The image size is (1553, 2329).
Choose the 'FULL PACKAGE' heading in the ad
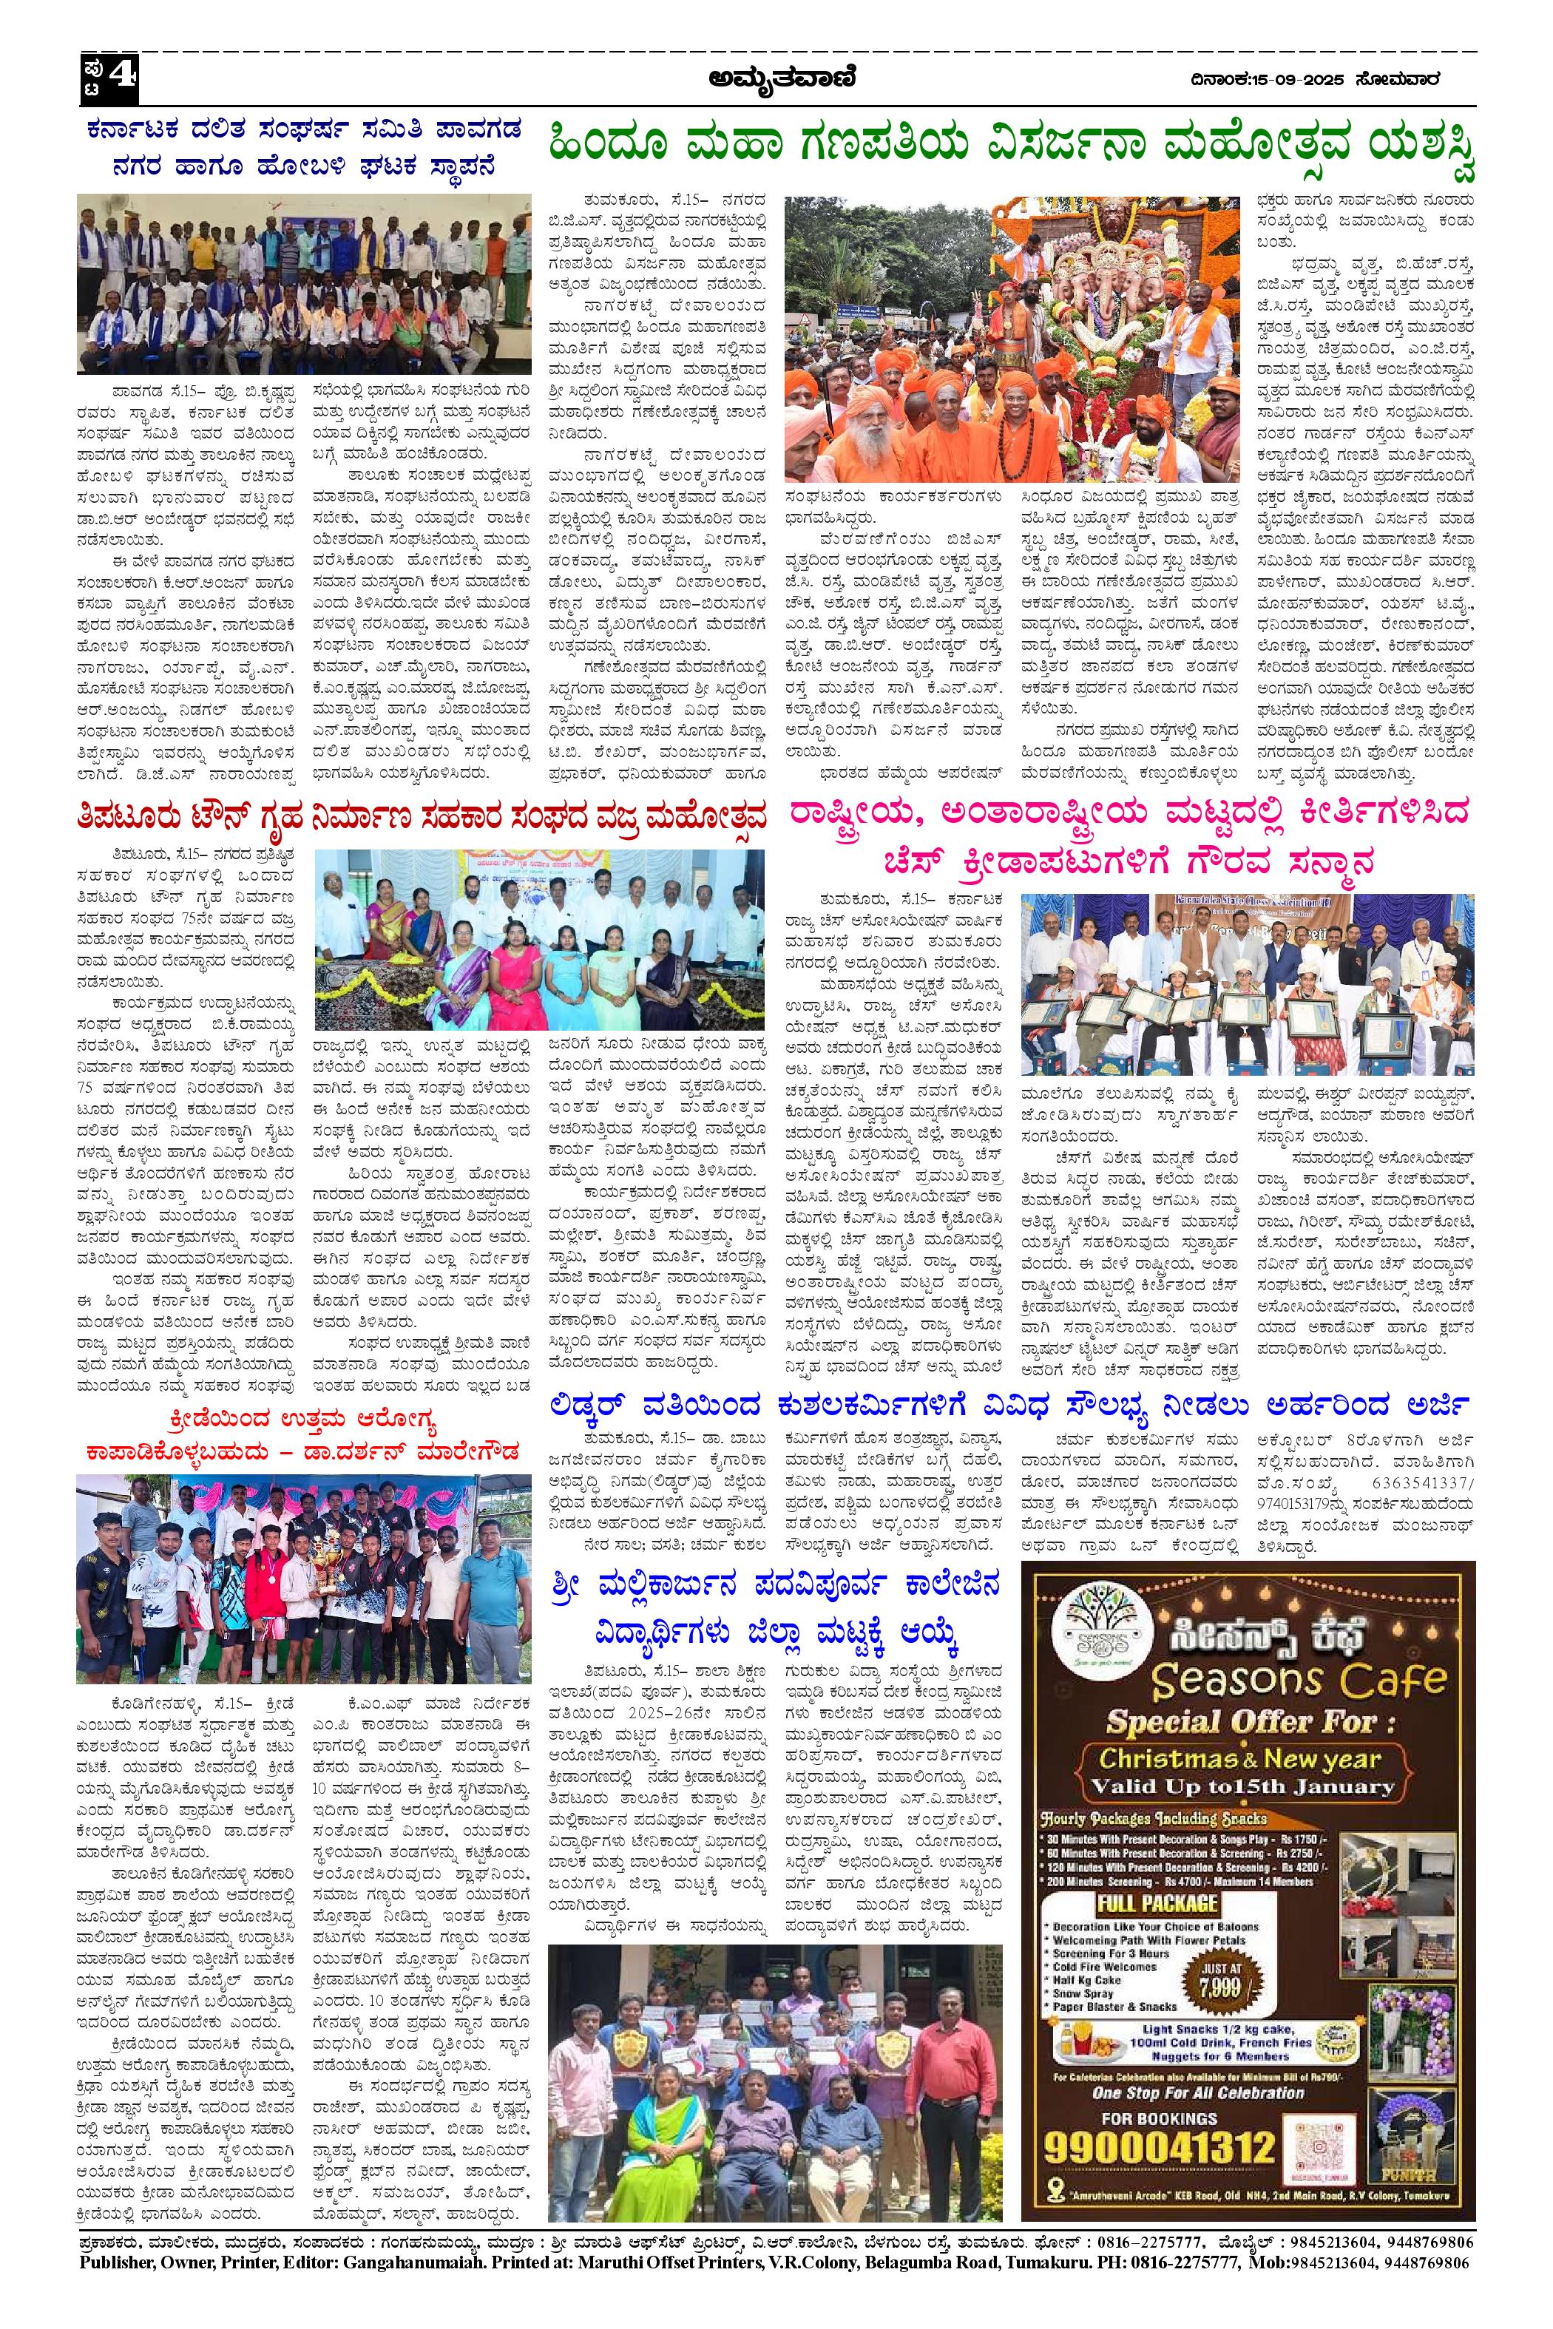point(1157,1902)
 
